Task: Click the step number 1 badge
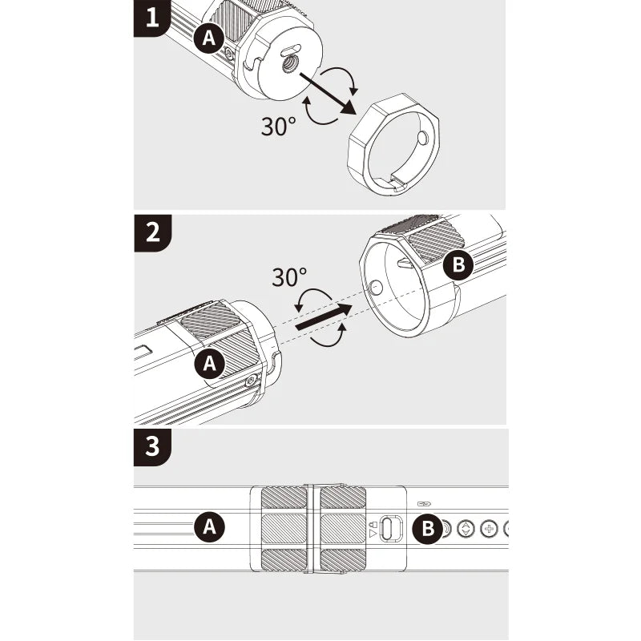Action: (151, 18)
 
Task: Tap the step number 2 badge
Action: (152, 232)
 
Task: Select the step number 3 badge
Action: (152, 447)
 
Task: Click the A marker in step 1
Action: (208, 38)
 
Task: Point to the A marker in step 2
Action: (210, 363)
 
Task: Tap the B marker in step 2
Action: (458, 264)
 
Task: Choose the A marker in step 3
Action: (209, 526)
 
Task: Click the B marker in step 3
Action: (428, 528)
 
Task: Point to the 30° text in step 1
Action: (278, 127)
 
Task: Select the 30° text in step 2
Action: (289, 277)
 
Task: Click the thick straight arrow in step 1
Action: (327, 93)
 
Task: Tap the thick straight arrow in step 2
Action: (324, 316)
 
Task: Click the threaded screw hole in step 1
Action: (291, 64)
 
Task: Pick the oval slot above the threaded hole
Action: (291, 50)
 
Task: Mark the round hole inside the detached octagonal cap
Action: (422, 138)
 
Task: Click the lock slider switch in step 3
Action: (391, 529)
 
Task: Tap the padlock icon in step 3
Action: (373, 524)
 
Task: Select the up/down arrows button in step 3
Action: (466, 529)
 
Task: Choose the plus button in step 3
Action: (488, 529)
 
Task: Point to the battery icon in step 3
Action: (425, 504)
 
